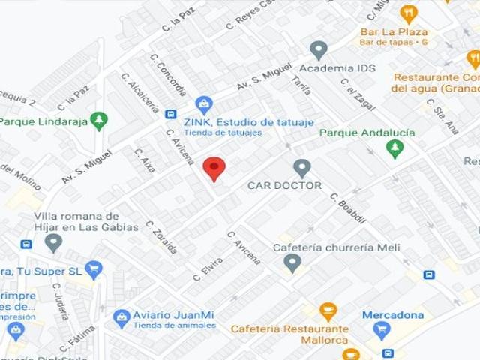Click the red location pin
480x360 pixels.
pyautogui.click(x=214, y=169)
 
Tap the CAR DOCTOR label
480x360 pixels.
pyautogui.click(x=284, y=185)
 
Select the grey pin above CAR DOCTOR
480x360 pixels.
pyautogui.click(x=302, y=168)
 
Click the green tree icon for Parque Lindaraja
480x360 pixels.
pyautogui.click(x=98, y=120)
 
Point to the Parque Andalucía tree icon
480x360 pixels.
pyautogui.click(x=394, y=148)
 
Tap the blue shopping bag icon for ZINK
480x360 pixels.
pyautogui.click(x=203, y=105)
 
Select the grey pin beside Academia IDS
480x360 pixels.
pyautogui.click(x=319, y=50)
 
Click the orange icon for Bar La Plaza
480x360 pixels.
pyautogui.click(x=408, y=13)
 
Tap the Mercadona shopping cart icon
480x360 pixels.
pyautogui.click(x=382, y=329)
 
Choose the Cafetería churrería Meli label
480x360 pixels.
pyautogui.click(x=336, y=247)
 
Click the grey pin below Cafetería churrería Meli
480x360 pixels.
pyautogui.click(x=292, y=262)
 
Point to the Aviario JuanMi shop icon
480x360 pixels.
pyautogui.click(x=121, y=319)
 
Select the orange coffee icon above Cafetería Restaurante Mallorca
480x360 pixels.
pyautogui.click(x=328, y=310)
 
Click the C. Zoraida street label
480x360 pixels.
pyautogui.click(x=161, y=237)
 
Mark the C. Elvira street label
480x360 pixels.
pyautogui.click(x=208, y=269)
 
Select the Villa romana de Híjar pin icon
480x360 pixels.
pyautogui.click(x=53, y=242)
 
